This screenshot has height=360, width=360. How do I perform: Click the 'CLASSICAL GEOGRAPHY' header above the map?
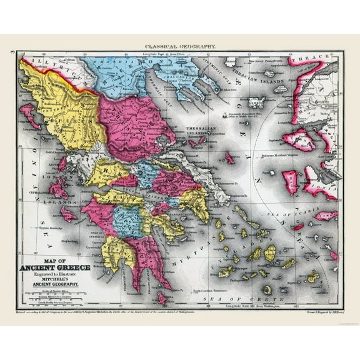click(x=180, y=46)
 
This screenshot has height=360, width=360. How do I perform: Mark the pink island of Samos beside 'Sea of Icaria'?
click(x=326, y=216)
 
